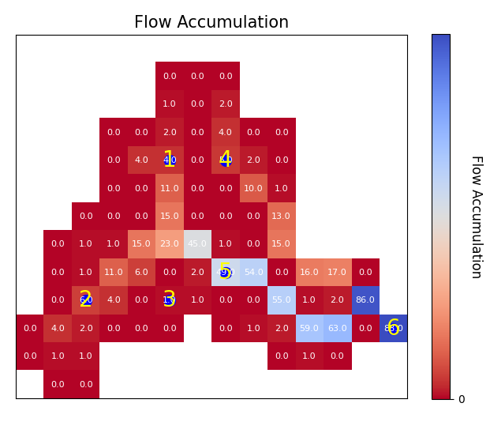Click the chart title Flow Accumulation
(211, 22)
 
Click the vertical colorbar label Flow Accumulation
(476, 217)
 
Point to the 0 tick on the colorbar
(462, 399)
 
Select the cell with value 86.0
(365, 300)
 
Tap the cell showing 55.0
(281, 300)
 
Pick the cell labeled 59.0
(309, 328)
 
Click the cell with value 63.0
(337, 328)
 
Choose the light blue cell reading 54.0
(253, 273)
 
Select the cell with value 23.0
(170, 244)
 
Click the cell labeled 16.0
(309, 273)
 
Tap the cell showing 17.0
(337, 273)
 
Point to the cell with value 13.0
(281, 217)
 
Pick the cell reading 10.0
(253, 188)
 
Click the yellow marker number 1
(169, 160)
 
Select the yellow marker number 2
(85, 300)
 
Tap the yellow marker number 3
(169, 300)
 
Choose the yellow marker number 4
(226, 160)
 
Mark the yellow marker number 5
(225, 272)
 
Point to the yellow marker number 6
(393, 327)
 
